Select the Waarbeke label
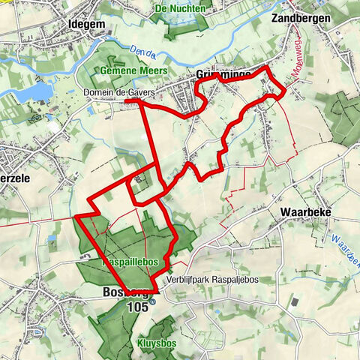point(302,211)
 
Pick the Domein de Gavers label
point(113,93)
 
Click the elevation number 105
point(136,307)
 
